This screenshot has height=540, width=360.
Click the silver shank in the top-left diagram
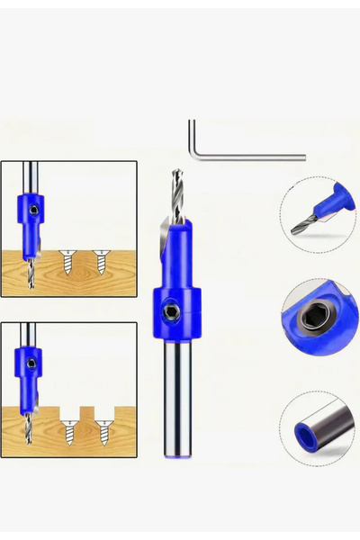(30, 175)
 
